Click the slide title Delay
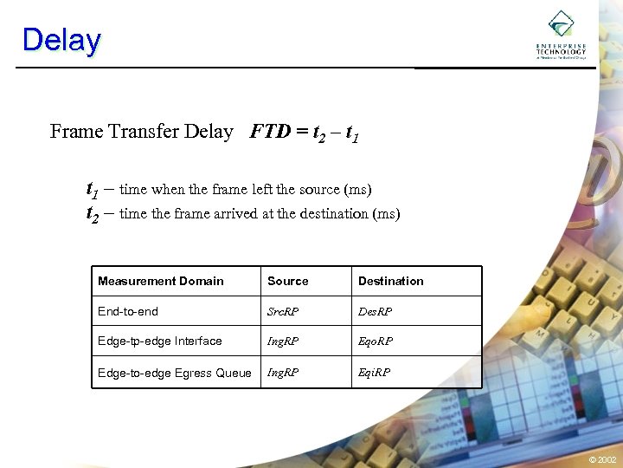click(x=61, y=40)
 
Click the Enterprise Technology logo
click(x=561, y=35)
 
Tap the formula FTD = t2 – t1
click(x=305, y=133)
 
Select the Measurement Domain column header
click(x=161, y=282)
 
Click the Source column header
click(x=288, y=282)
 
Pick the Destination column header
click(x=391, y=282)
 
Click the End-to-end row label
click(x=128, y=311)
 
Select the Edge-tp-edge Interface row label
click(x=160, y=341)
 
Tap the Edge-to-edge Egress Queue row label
click(x=175, y=373)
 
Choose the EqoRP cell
click(x=376, y=341)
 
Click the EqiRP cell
click(x=374, y=373)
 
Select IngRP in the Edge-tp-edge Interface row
click(x=283, y=341)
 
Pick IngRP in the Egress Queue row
click(x=283, y=373)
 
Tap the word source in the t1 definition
click(x=318, y=189)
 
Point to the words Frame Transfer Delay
click(x=142, y=132)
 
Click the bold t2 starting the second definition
click(x=92, y=213)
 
